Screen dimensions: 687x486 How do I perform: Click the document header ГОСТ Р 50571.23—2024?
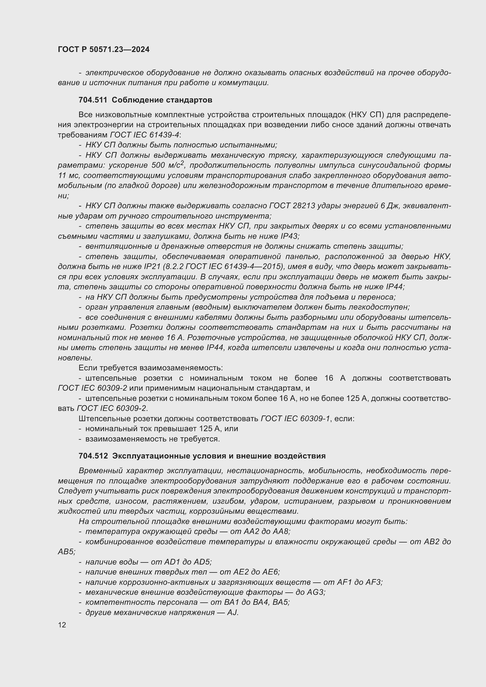point(103,49)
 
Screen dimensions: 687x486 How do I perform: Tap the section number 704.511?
point(93,100)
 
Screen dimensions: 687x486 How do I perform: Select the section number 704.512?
point(93,456)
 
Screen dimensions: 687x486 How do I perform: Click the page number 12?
point(62,625)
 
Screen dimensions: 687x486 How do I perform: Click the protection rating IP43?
point(289,236)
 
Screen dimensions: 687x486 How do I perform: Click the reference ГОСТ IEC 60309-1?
point(295,419)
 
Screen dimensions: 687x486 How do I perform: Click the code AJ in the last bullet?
point(232,612)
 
